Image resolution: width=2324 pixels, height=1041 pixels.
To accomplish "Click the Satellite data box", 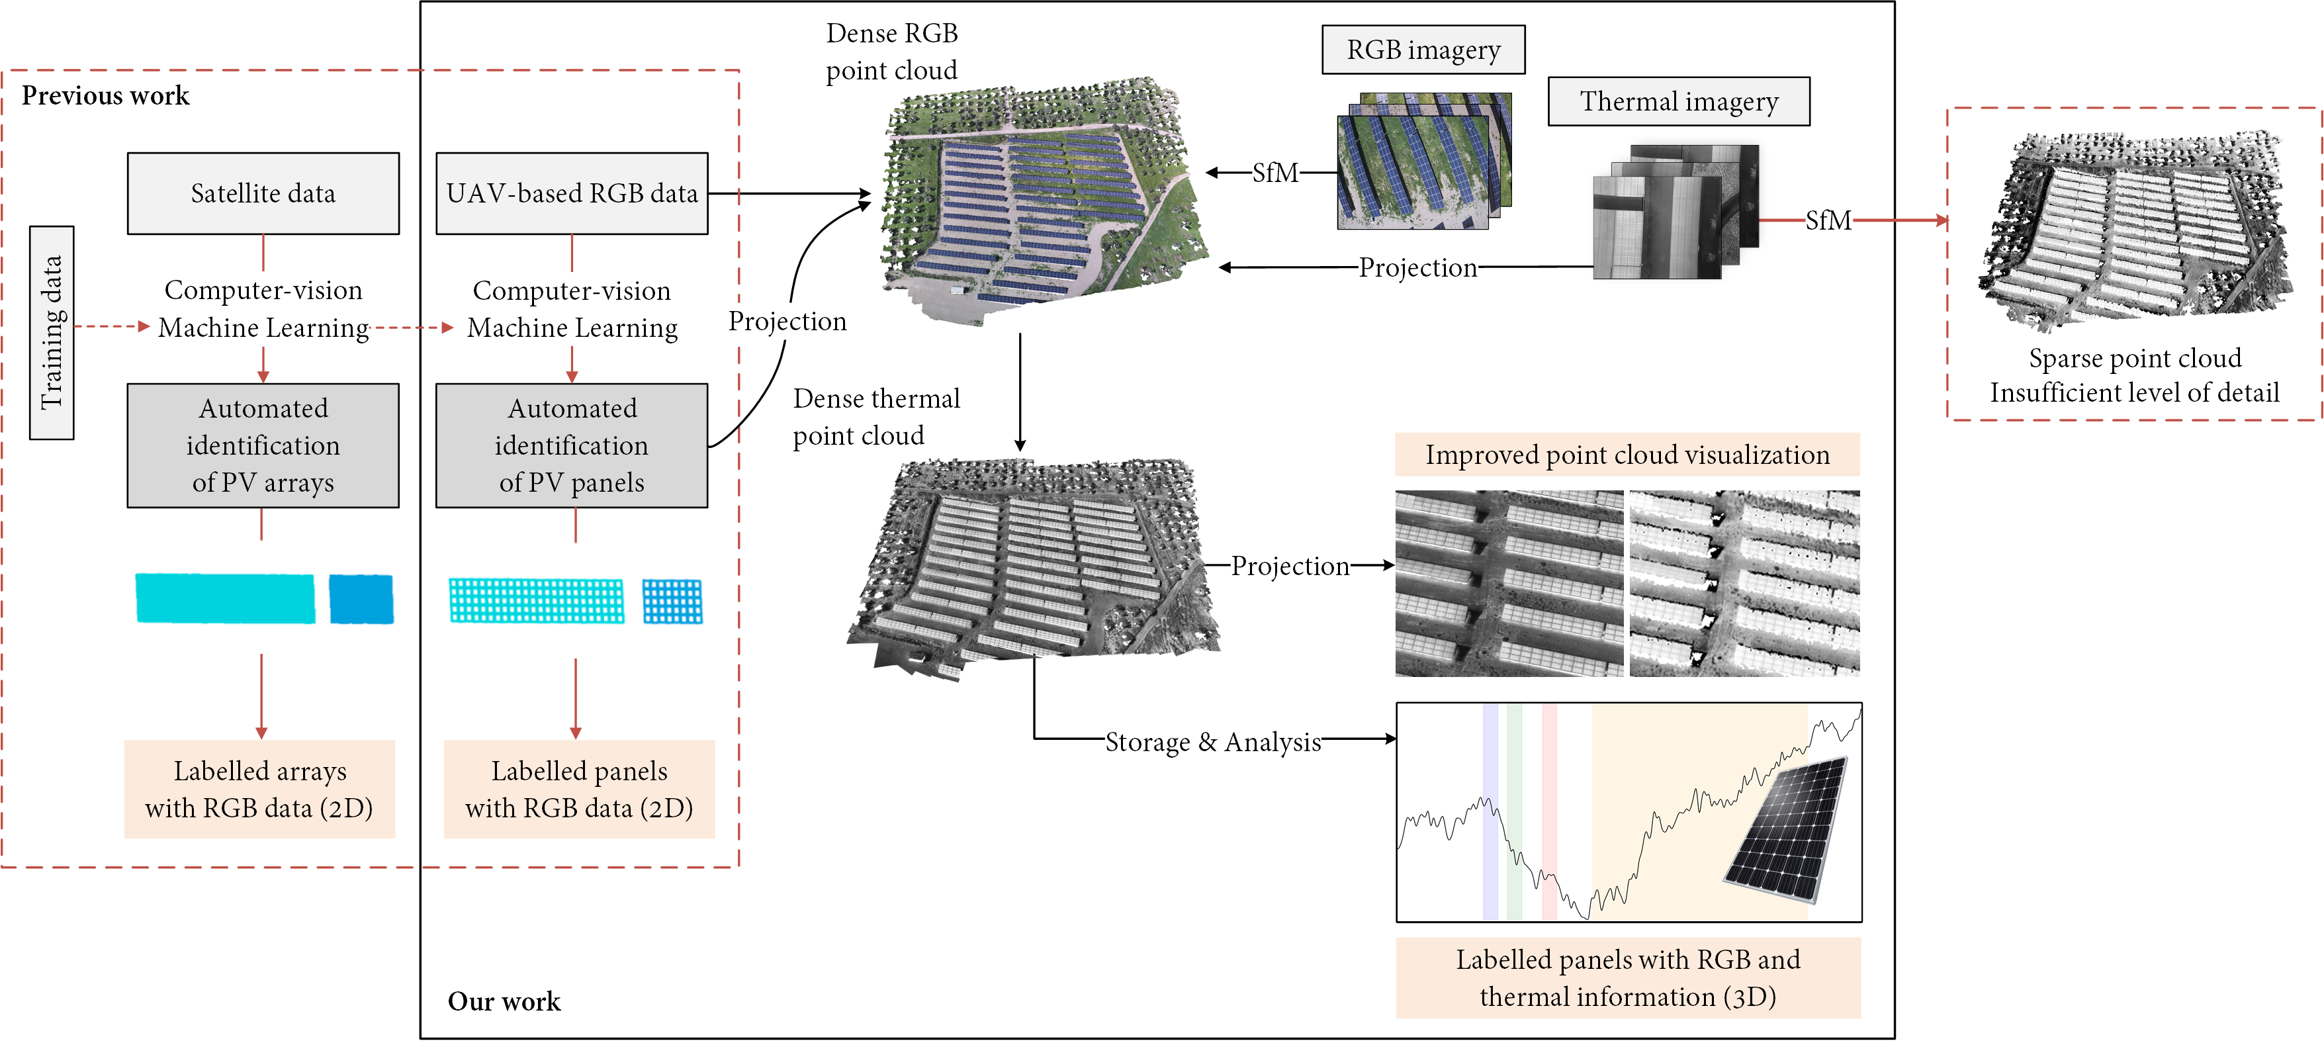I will click(263, 193).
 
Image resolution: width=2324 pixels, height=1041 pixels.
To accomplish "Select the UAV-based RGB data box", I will click(571, 193).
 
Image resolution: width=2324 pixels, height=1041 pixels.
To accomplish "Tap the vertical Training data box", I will click(52, 332).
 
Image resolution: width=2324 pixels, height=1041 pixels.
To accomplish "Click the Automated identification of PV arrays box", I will click(263, 445).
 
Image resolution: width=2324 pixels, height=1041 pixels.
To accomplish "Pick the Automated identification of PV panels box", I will click(571, 445).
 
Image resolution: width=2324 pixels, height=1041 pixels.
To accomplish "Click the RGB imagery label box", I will click(1423, 50).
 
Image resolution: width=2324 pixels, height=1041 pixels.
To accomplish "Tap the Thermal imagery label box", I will click(1678, 101).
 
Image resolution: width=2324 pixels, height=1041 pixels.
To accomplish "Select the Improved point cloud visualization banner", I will click(1627, 455).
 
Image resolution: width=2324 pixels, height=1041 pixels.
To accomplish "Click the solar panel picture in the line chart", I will click(1786, 830).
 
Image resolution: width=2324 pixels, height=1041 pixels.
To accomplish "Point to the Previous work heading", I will click(106, 95).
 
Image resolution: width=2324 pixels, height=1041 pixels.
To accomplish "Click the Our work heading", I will click(504, 1001).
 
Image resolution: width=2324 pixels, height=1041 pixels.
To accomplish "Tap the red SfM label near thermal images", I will click(1828, 220).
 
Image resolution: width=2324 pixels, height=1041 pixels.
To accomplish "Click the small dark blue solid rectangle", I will click(361, 599).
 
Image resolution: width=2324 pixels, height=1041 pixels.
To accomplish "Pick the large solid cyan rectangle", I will click(226, 598).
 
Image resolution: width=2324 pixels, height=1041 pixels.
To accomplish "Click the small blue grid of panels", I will click(672, 602).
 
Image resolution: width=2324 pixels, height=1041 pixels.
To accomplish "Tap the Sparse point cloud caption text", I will click(2135, 358).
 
